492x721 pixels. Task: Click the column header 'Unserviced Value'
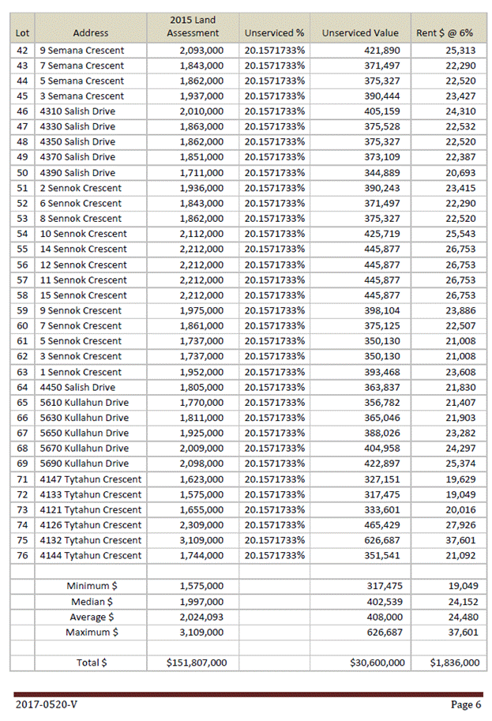pos(360,33)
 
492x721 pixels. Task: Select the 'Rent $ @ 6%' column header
pos(445,33)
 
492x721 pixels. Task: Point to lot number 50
pos(22,173)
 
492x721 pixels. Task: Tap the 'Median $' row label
pos(92,602)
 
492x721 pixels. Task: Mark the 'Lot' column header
pos(22,33)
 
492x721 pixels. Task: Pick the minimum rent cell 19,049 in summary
pos(462,586)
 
